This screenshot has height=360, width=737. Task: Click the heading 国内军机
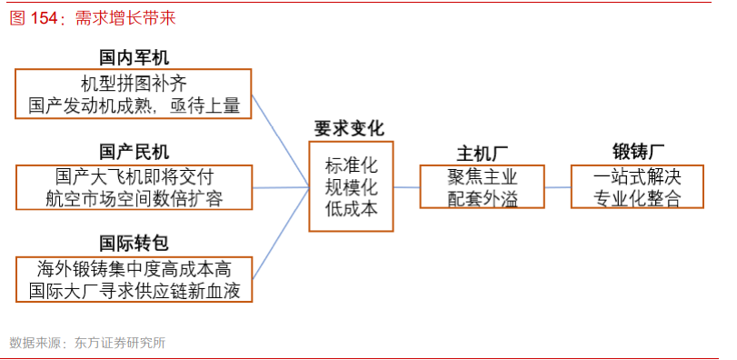coord(134,56)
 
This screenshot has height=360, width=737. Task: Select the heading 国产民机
coord(134,151)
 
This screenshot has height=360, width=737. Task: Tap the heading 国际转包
coord(134,243)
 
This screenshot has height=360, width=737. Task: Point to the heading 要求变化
coord(350,128)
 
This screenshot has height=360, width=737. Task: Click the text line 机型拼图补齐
coord(134,83)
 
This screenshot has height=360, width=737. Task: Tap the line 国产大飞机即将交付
coord(134,175)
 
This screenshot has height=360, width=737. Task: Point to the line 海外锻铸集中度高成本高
coord(134,268)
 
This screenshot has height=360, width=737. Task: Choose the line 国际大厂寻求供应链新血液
coord(134,291)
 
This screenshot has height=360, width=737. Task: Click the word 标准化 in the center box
coord(351,166)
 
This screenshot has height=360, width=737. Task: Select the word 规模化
coord(351,188)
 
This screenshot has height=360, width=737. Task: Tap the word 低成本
coord(351,210)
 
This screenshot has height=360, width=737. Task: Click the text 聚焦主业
coord(482,176)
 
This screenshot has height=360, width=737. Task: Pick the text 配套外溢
coord(482,198)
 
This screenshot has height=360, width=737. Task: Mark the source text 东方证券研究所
coord(122,343)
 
